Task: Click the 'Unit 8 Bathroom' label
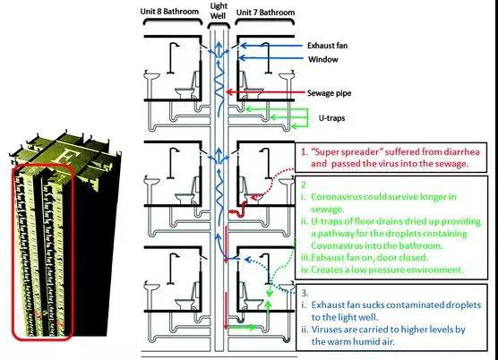(169, 12)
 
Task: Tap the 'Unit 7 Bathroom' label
(265, 13)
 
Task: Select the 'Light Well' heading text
(219, 11)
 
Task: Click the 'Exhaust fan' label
(327, 46)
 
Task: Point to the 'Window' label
(323, 59)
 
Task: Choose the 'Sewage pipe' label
(329, 93)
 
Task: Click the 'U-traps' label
(331, 118)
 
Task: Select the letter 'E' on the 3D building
(65, 155)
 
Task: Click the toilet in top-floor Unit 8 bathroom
(188, 86)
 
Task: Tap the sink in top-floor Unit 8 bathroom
(152, 76)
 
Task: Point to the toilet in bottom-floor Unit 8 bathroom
(188, 297)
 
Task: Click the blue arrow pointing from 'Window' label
(270, 58)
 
